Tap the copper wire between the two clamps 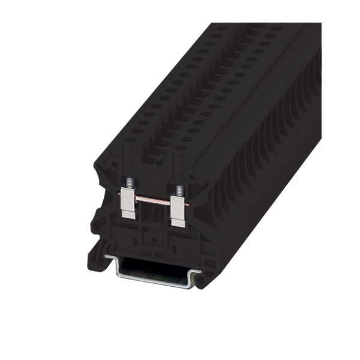pyautogui.click(x=153, y=201)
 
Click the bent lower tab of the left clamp pyautogui.click(x=128, y=216)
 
